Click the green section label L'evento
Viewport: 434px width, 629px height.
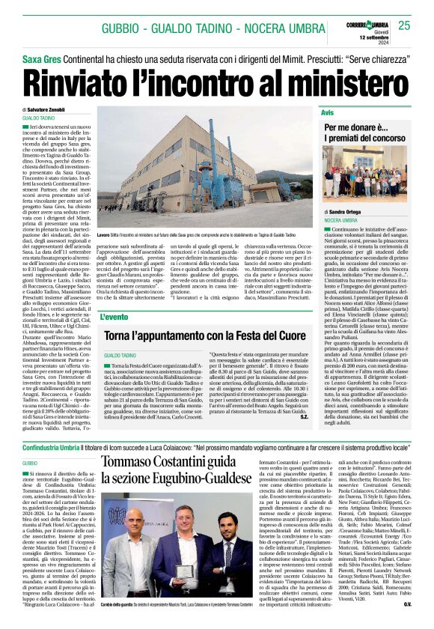tap(114, 317)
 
